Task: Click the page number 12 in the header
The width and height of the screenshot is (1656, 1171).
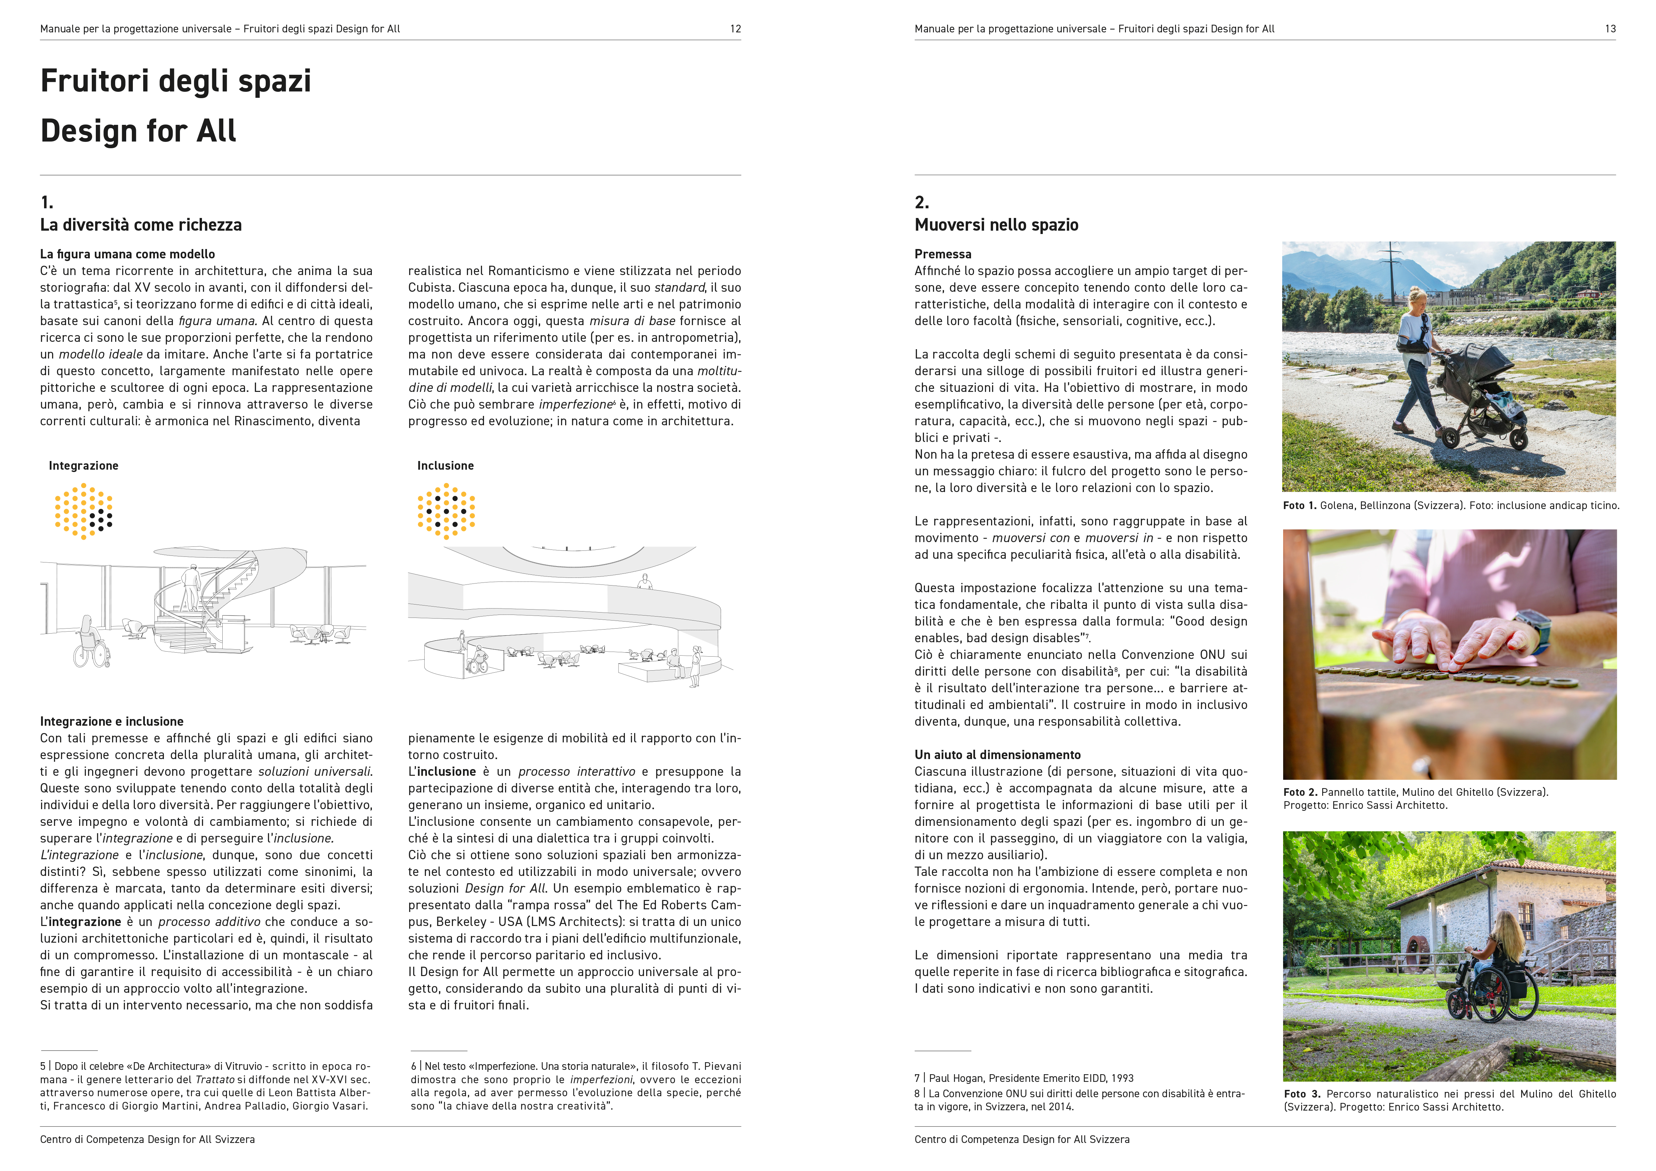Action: coord(735,29)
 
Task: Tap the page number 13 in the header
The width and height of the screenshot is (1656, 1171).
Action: coord(1610,29)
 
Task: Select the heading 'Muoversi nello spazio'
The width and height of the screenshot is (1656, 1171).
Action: coord(996,225)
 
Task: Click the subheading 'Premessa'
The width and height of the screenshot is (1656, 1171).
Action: coord(943,254)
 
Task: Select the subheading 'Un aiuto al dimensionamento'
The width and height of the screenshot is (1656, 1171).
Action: coord(997,755)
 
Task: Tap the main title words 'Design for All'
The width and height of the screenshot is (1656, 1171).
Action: coord(139,131)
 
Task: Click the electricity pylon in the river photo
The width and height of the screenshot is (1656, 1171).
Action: coord(1390,270)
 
